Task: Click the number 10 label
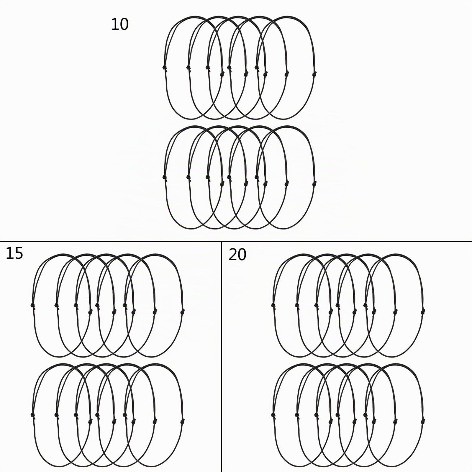point(120,24)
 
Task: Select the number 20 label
point(237,255)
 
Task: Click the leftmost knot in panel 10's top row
point(165,68)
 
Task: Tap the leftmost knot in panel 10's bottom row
point(165,177)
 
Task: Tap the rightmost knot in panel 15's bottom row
point(183,420)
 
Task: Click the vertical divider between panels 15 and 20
point(221,357)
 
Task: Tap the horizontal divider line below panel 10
point(236,242)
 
